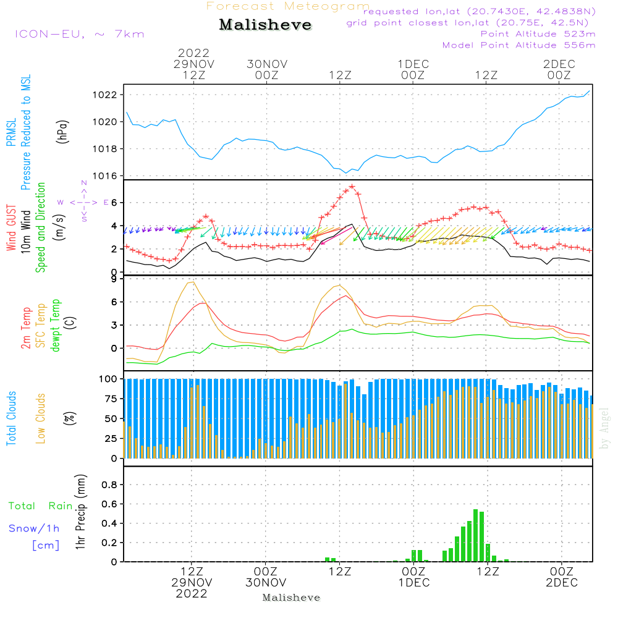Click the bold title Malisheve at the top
point(265,25)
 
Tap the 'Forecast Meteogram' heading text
point(288,6)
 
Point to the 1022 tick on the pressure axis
point(106,95)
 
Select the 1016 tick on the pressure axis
point(106,176)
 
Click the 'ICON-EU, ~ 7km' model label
point(79,34)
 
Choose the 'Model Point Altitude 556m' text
point(519,45)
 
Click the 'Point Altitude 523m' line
point(538,34)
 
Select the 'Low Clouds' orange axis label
point(41,418)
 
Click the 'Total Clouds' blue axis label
point(11,418)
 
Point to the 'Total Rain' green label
point(41,506)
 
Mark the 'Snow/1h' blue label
point(34,528)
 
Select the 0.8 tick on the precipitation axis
point(109,485)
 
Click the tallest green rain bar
point(475,535)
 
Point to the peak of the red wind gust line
point(352,187)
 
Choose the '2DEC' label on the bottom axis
point(562,583)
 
